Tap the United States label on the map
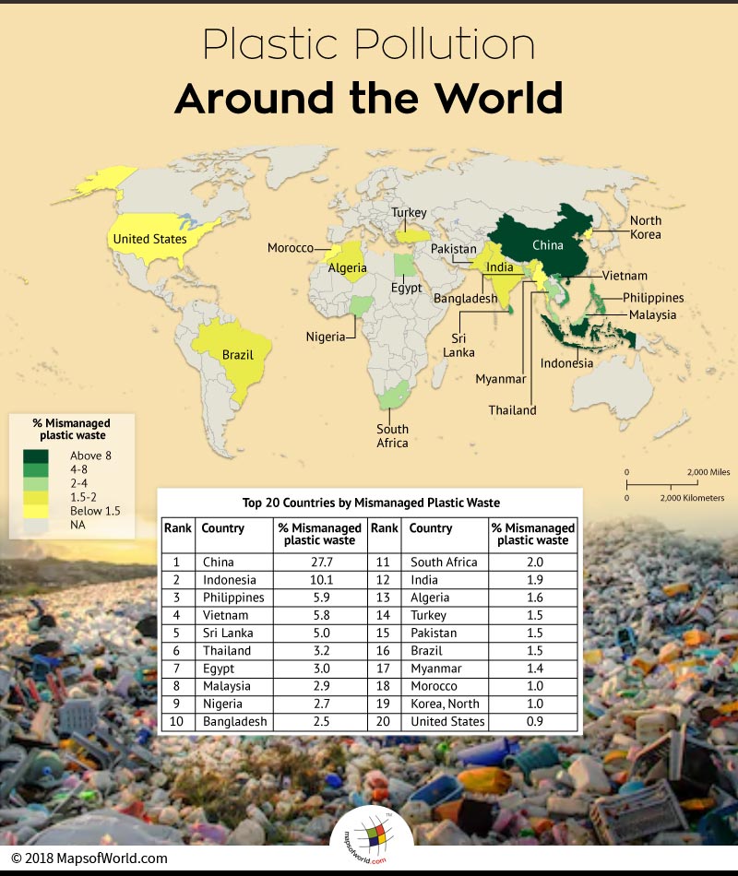pos(149,239)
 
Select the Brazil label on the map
pos(238,354)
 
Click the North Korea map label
pos(646,227)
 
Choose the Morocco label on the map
pos(291,248)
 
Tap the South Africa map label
pos(392,436)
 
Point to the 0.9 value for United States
pos(533,721)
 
